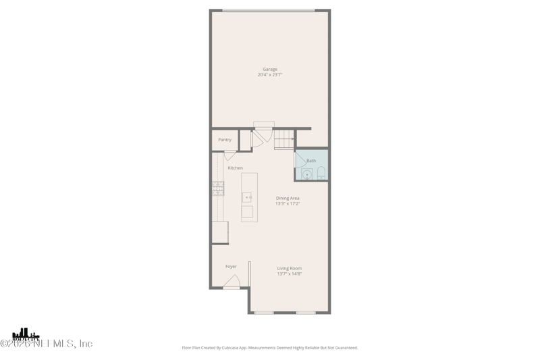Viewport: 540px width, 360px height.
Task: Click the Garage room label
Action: pyautogui.click(x=270, y=69)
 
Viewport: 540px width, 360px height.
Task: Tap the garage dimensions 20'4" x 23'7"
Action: pyautogui.click(x=270, y=75)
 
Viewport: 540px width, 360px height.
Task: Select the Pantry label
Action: pyautogui.click(x=225, y=140)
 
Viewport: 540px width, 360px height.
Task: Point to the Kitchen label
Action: pyautogui.click(x=235, y=168)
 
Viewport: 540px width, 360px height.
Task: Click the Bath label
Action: pyautogui.click(x=311, y=161)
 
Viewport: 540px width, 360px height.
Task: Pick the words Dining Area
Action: pyautogui.click(x=288, y=198)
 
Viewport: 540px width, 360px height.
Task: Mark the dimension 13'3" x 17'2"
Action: pyautogui.click(x=288, y=203)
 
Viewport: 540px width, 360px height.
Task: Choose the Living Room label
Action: pyautogui.click(x=290, y=268)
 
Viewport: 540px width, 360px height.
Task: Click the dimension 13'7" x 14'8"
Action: pyautogui.click(x=290, y=274)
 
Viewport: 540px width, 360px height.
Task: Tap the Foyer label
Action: pyautogui.click(x=231, y=267)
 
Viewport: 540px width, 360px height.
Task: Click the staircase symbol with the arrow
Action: pyautogui.click(x=283, y=139)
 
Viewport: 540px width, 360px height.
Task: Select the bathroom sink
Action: pyautogui.click(x=306, y=175)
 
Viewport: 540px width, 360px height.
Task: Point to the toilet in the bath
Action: pyautogui.click(x=321, y=173)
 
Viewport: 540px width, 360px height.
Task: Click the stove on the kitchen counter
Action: pyautogui.click(x=218, y=188)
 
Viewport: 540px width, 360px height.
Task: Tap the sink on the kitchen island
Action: pyautogui.click(x=247, y=197)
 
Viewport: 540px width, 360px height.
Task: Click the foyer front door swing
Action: pyautogui.click(x=232, y=281)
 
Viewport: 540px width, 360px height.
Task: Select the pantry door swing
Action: pyautogui.click(x=230, y=155)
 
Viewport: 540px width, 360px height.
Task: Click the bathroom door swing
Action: pyautogui.click(x=299, y=161)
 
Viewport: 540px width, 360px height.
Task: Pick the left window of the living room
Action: pyautogui.click(x=264, y=313)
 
